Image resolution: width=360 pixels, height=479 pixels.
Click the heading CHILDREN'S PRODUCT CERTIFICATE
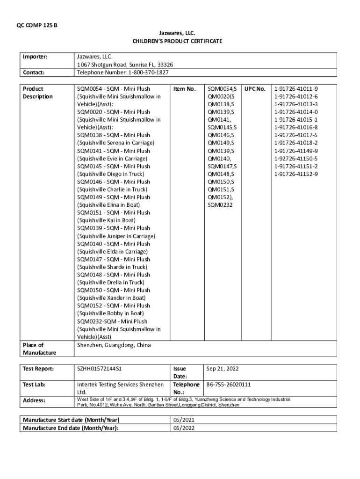(177, 41)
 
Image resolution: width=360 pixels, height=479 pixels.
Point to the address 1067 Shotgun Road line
(125, 65)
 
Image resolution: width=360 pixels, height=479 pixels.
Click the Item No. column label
(184, 89)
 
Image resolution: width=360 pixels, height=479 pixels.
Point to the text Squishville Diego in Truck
(110, 174)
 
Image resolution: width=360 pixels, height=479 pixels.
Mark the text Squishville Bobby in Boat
(110, 313)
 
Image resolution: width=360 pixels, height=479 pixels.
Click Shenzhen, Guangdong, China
(114, 345)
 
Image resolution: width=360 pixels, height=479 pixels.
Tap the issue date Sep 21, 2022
(223, 369)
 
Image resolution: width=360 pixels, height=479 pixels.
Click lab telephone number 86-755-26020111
(229, 385)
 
